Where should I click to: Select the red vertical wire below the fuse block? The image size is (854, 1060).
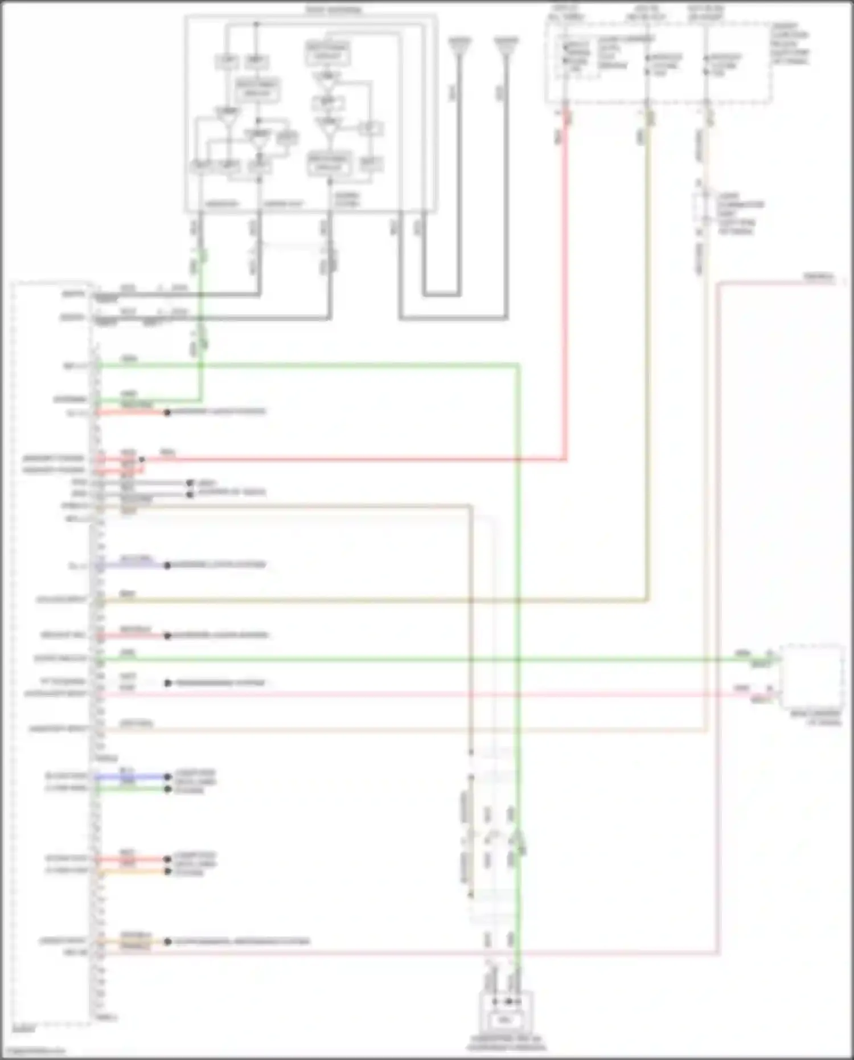coord(566,285)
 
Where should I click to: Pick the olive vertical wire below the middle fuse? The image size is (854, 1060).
coord(647,342)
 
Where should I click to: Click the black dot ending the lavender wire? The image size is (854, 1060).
coord(167,566)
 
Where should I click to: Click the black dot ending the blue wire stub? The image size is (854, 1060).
coord(167,776)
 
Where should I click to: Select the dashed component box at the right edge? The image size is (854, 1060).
coord(812,675)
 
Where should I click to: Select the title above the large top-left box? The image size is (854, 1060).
coord(332,10)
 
